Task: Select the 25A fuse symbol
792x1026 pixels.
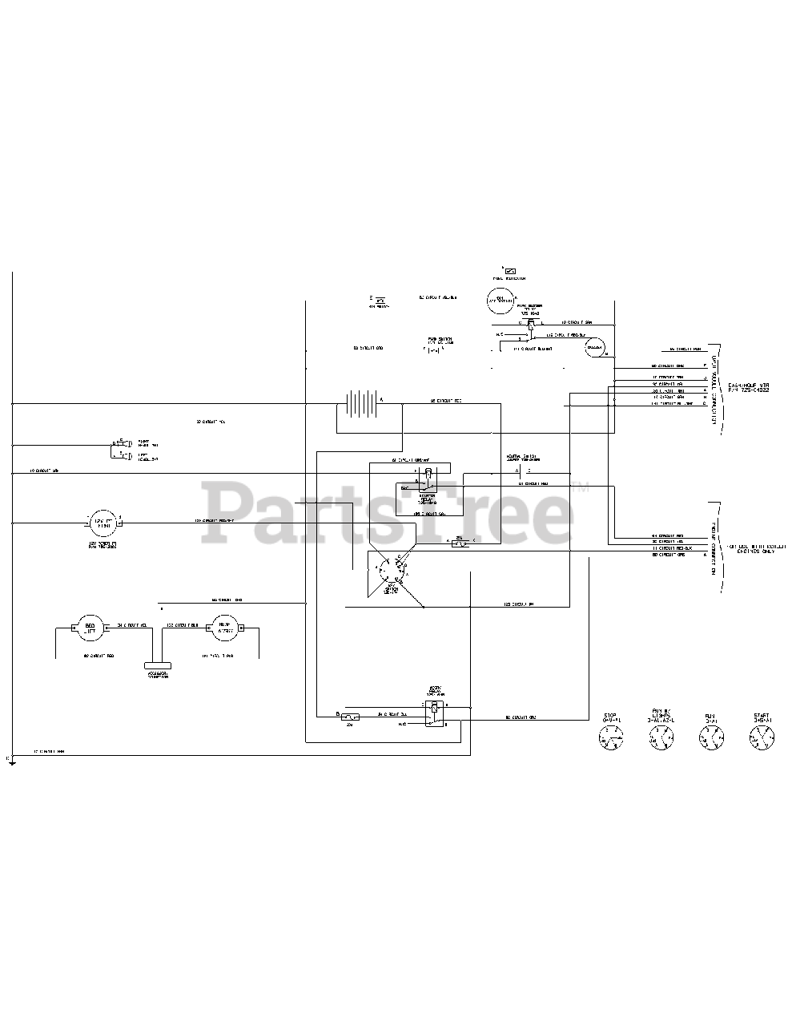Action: point(460,543)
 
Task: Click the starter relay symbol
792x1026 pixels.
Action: point(428,479)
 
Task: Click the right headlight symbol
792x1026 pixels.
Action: point(117,442)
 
